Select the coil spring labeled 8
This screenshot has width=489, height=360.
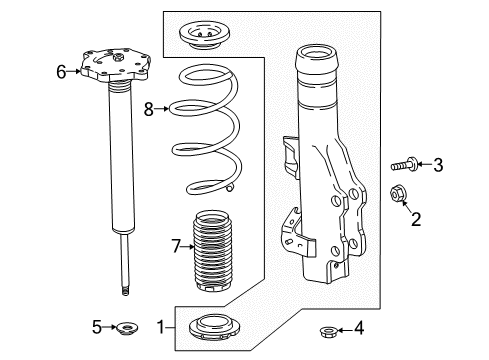(209, 130)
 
